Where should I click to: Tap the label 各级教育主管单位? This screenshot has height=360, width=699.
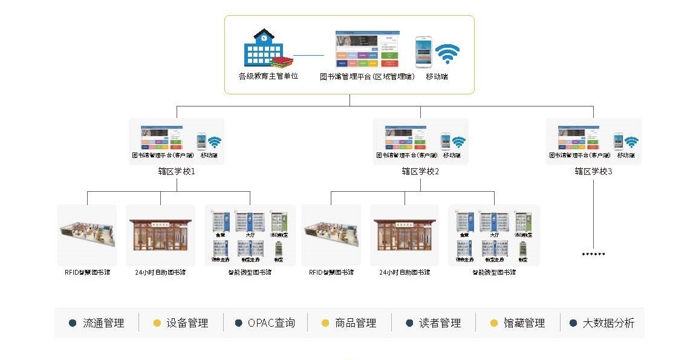[268, 77]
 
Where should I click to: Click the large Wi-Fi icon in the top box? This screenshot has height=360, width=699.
[447, 53]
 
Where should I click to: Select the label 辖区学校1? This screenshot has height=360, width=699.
[176, 171]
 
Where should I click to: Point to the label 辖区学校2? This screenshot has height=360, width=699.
[420, 171]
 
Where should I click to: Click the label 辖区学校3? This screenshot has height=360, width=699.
[593, 171]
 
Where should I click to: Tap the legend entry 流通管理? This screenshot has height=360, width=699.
[103, 323]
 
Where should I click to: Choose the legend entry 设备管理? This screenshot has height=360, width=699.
[187, 323]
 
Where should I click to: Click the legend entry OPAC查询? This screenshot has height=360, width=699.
[271, 323]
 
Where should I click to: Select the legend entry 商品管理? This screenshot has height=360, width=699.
[356, 323]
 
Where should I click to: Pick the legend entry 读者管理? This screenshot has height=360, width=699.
[440, 323]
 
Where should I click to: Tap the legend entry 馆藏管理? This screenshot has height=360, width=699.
[524, 323]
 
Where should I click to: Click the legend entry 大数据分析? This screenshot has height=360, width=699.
[608, 323]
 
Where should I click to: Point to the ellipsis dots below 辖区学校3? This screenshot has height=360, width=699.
[593, 254]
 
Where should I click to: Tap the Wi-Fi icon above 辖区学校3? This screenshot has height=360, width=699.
[631, 142]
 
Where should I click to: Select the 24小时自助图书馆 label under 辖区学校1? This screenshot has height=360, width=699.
[160, 272]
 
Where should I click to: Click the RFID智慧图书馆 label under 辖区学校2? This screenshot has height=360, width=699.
[331, 272]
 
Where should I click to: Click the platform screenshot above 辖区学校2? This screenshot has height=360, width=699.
[405, 137]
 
